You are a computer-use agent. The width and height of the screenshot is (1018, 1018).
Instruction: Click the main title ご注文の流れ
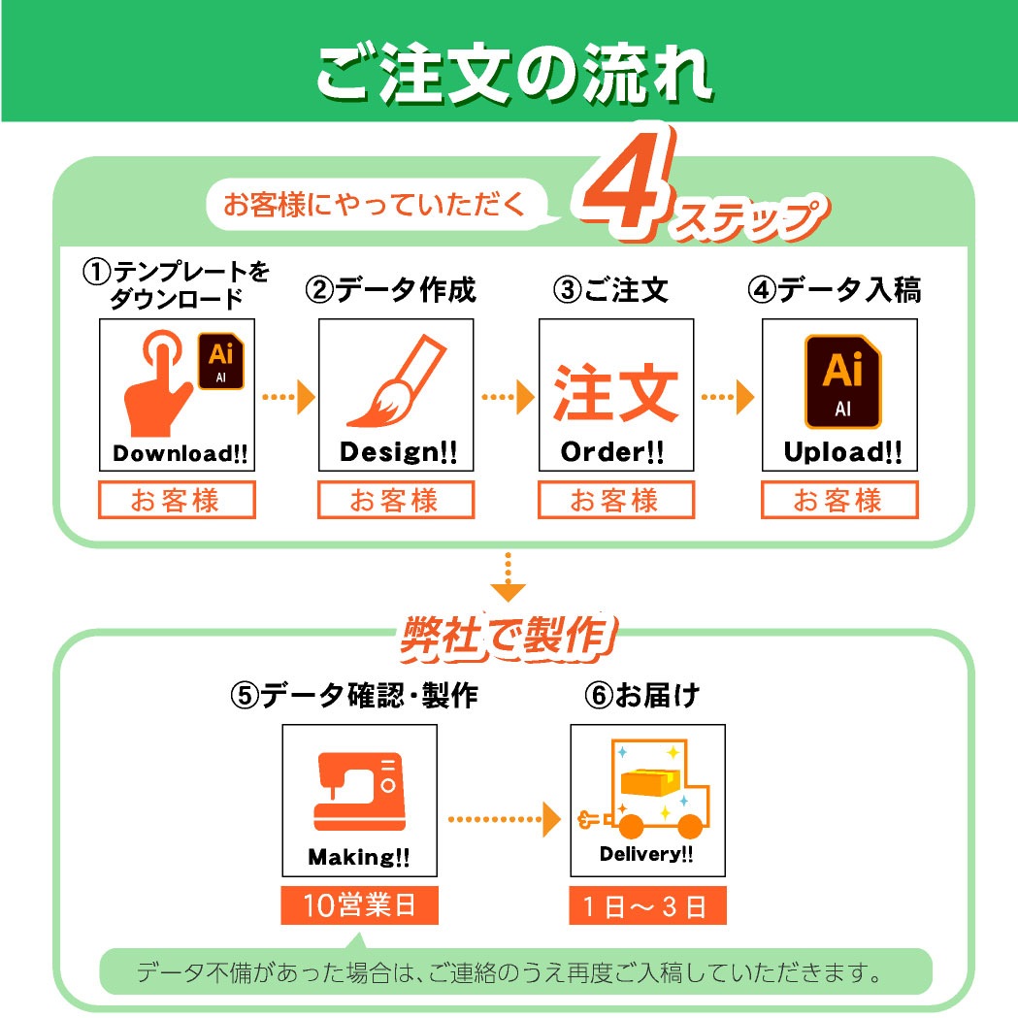(x=514, y=73)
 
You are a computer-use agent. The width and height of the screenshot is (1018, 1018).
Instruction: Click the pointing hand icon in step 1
(x=158, y=382)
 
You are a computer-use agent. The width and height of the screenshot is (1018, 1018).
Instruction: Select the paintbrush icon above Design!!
(x=396, y=380)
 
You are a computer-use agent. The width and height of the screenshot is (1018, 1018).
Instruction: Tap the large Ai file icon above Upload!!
(x=842, y=381)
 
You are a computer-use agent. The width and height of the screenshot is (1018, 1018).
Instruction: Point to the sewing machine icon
(x=360, y=792)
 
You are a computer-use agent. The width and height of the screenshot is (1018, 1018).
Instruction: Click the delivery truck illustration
(x=645, y=788)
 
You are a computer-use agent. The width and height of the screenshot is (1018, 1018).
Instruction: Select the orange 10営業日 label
(x=360, y=905)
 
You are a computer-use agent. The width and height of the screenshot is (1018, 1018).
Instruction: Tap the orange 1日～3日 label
(x=647, y=905)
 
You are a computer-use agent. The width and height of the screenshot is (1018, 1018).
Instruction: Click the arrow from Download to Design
(x=288, y=397)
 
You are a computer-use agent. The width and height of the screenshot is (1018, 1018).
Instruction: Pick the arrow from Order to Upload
(x=728, y=397)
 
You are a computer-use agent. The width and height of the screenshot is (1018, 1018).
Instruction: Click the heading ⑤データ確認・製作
(x=354, y=696)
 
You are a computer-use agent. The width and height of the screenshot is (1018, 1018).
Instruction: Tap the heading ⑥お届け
(x=641, y=696)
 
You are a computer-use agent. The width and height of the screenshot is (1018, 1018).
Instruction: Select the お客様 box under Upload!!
(x=839, y=500)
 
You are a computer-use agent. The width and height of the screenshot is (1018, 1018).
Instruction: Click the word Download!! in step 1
(x=181, y=453)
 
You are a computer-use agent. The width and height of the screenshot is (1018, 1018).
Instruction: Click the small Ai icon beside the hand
(x=220, y=361)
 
